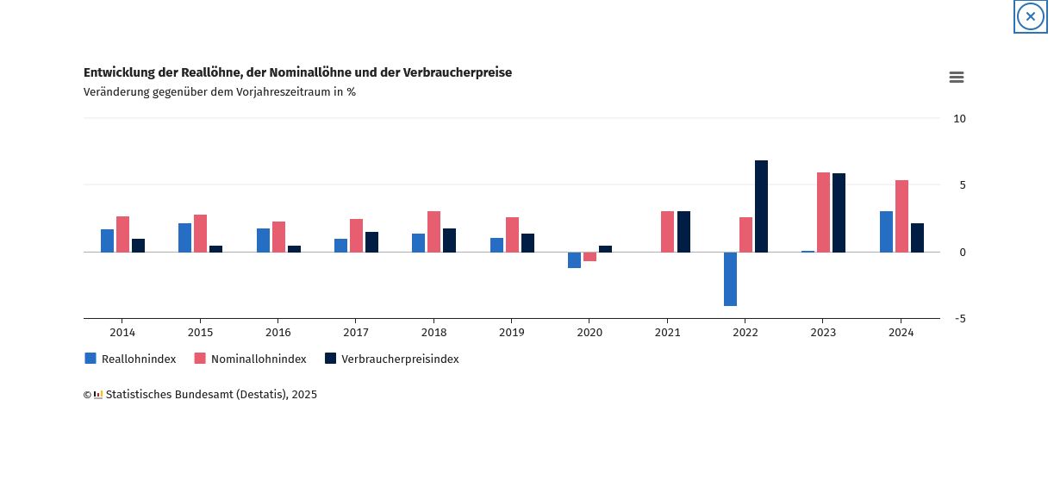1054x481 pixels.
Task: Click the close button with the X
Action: [x=1030, y=16]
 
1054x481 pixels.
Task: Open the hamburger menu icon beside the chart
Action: [x=956, y=78]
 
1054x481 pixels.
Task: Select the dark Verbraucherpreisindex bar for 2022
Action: [x=761, y=206]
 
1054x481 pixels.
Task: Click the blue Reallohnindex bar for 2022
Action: [x=730, y=278]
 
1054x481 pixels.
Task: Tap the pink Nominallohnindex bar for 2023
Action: [x=823, y=212]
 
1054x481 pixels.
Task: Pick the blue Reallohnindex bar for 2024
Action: [x=886, y=231]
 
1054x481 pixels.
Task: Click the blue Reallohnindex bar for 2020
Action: [x=574, y=259]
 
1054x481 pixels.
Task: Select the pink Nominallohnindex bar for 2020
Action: [x=589, y=256]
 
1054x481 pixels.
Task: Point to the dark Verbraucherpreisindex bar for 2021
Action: [x=683, y=231]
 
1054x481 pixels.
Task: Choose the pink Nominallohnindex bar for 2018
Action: [x=433, y=231]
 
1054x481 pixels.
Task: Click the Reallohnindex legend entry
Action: [x=130, y=359]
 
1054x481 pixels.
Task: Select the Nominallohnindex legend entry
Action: [x=250, y=359]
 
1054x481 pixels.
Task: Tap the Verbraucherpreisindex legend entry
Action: [x=391, y=359]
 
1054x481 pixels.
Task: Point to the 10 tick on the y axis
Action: [x=959, y=118]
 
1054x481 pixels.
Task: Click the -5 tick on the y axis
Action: [x=959, y=318]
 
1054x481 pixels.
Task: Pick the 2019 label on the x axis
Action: [x=511, y=332]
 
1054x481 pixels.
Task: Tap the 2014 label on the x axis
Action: [x=122, y=332]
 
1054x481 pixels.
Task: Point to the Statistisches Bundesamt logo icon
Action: [x=98, y=395]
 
